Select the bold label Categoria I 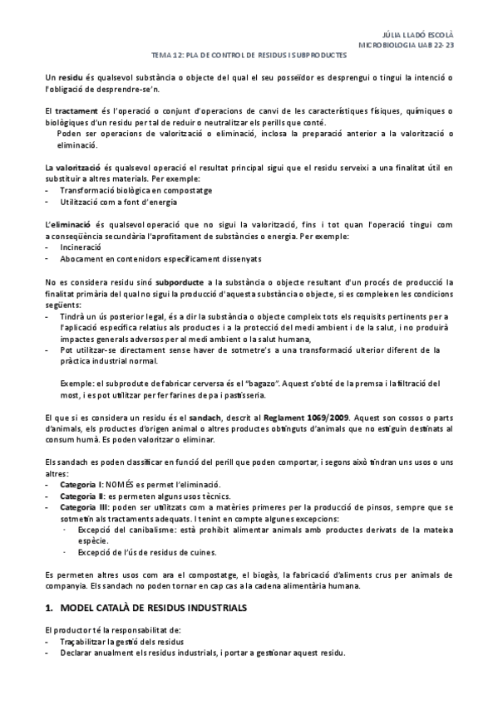pyautogui.click(x=81, y=483)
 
